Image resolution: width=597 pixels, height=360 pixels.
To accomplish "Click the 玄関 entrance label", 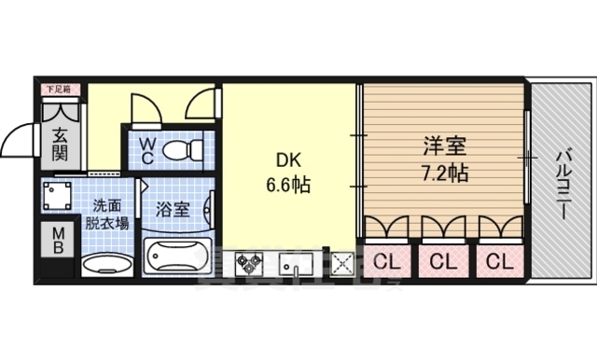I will click(x=60, y=144).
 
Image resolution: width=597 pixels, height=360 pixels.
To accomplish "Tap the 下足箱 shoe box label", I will click(x=59, y=90).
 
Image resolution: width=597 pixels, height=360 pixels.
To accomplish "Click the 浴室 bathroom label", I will click(x=174, y=210).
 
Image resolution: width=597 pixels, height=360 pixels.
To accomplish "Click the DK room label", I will click(x=284, y=159).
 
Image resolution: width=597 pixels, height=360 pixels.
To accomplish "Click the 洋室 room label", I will click(x=437, y=148).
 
